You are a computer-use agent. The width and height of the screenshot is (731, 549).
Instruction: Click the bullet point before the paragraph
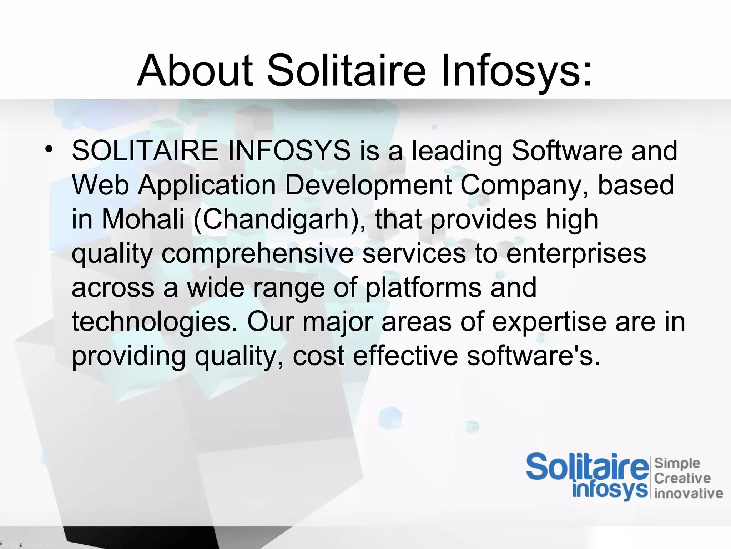49,149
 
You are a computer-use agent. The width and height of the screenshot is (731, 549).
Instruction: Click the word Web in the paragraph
100,185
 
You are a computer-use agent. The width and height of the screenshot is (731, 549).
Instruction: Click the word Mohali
143,219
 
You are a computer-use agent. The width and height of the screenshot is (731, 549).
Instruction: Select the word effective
405,356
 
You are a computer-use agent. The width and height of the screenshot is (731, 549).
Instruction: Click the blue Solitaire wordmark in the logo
587,467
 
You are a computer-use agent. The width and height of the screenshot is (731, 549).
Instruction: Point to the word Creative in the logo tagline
682,478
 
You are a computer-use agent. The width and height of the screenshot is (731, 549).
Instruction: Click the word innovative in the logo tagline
689,494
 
